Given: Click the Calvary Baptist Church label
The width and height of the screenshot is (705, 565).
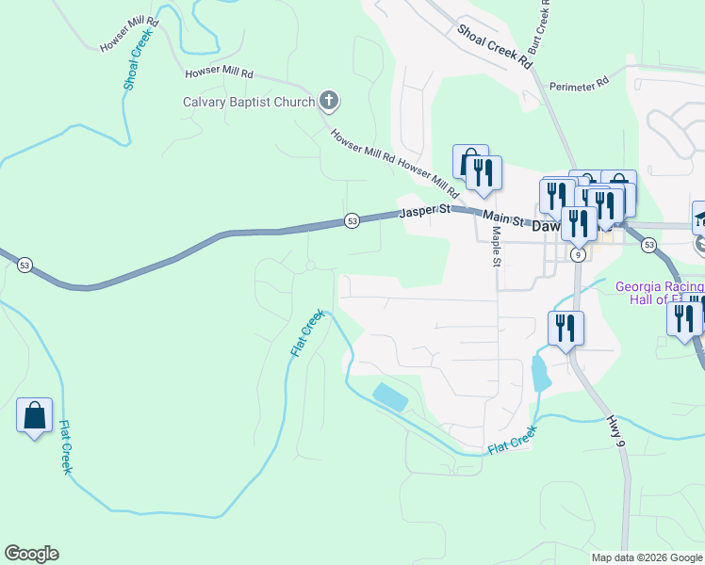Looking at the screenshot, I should [249, 102].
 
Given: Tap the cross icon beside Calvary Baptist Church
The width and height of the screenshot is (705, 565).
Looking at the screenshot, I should [329, 100].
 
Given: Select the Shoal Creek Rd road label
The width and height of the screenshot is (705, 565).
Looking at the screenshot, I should [495, 45].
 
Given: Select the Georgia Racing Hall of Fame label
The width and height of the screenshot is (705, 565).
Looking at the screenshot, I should [660, 293].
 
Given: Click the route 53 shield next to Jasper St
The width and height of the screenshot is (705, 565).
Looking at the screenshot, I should [352, 220].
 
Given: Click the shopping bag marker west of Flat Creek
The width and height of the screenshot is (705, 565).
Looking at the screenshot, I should [34, 415].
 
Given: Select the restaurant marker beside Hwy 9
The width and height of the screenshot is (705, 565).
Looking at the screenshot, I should [565, 329].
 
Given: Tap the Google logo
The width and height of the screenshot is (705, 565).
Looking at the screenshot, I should [31, 554].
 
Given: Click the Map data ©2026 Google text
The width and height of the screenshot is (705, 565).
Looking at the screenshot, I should [647, 557].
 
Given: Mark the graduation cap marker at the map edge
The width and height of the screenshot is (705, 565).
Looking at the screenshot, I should [699, 218].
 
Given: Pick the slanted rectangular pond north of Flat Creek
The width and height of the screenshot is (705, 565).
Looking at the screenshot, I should [390, 397].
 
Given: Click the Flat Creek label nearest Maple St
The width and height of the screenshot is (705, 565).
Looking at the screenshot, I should [513, 441].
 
